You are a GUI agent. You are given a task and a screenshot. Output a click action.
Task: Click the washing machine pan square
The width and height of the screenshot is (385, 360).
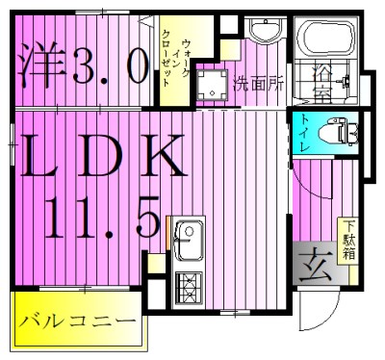pos(209,83)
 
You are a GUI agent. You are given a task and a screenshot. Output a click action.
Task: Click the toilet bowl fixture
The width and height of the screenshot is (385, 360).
pos(336,129)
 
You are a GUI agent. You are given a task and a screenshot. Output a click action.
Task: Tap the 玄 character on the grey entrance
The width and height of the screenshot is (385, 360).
pos(315,264)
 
